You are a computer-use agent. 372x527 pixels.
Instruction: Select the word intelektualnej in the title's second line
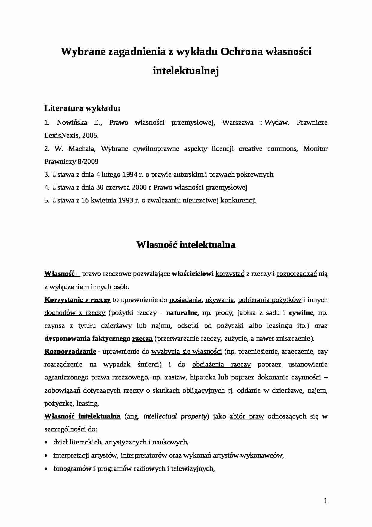(186, 71)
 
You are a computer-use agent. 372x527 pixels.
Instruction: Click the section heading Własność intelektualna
(186, 245)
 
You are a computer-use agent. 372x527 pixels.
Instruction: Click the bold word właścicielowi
(193, 274)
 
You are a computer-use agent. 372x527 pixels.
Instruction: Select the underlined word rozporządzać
(297, 274)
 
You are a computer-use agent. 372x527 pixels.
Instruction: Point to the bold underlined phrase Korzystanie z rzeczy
(77, 300)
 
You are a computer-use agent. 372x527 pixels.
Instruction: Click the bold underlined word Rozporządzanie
(70, 352)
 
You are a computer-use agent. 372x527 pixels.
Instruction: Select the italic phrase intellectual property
(175, 416)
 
